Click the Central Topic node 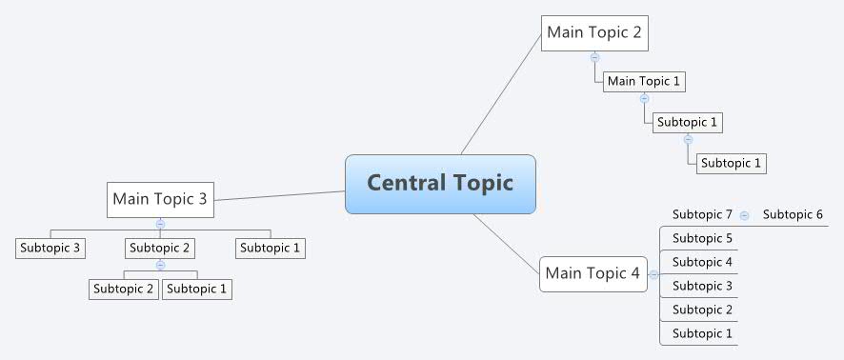[x=440, y=183]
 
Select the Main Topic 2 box [x=594, y=33]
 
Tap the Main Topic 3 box [x=159, y=199]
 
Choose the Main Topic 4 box [x=593, y=273]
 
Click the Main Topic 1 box [x=644, y=81]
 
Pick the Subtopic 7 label [x=702, y=215]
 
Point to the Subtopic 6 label [x=793, y=215]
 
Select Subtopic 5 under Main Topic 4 [x=702, y=238]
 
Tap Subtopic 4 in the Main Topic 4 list [x=702, y=262]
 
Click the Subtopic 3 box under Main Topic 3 [x=50, y=248]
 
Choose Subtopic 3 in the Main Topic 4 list [x=702, y=286]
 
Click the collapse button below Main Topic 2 [x=594, y=57]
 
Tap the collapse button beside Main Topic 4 [x=653, y=274]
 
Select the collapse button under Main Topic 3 [x=160, y=224]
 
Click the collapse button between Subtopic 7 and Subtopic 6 [x=744, y=216]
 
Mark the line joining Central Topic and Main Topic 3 [x=279, y=196]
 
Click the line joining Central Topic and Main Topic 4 [x=505, y=237]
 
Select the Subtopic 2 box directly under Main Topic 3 [x=160, y=248]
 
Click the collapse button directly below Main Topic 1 [x=644, y=98]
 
